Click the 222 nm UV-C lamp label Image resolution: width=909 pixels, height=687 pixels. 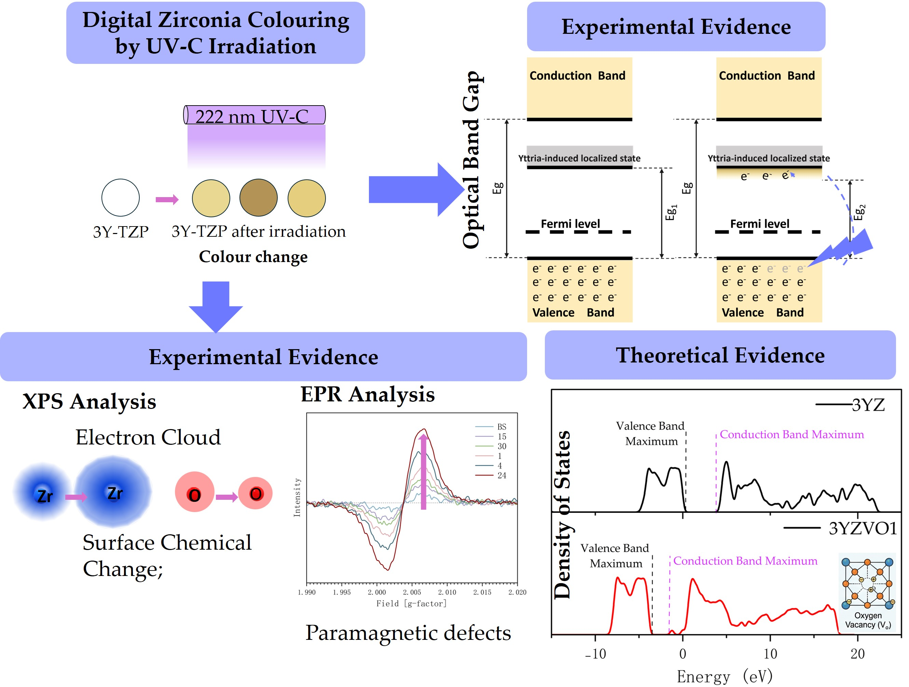click(252, 116)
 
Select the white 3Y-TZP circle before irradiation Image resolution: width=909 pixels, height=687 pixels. click(120, 198)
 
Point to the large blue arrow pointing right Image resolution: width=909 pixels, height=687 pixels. click(415, 189)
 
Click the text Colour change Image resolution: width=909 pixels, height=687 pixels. click(253, 257)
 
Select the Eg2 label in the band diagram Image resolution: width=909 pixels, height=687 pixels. click(859, 212)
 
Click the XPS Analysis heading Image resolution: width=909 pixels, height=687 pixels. click(89, 401)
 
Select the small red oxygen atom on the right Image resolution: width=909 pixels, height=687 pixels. click(255, 493)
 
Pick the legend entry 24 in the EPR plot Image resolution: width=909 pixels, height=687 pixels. click(501, 476)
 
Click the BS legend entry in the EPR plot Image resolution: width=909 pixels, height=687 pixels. click(501, 426)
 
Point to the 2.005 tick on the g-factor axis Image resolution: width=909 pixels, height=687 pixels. click(412, 592)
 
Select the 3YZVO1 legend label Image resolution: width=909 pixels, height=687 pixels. click(862, 528)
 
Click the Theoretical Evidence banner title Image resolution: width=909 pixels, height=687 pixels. click(720, 355)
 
